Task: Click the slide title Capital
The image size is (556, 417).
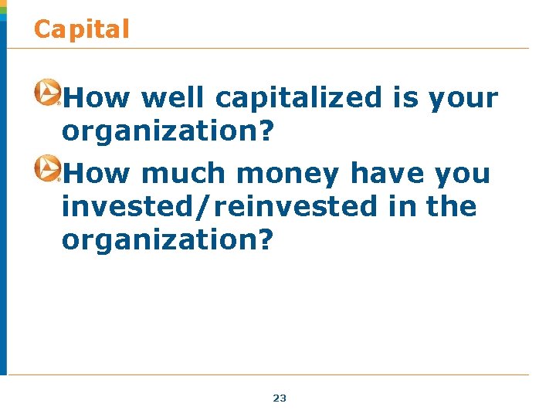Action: pyautogui.click(x=82, y=29)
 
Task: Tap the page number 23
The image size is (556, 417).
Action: pyautogui.click(x=280, y=398)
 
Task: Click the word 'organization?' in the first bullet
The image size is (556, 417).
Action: pyautogui.click(x=168, y=132)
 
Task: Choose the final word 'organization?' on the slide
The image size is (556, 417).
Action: pyautogui.click(x=168, y=240)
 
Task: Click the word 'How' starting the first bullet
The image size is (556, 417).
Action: pyautogui.click(x=99, y=98)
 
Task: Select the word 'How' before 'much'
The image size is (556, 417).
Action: pyautogui.click(x=99, y=173)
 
